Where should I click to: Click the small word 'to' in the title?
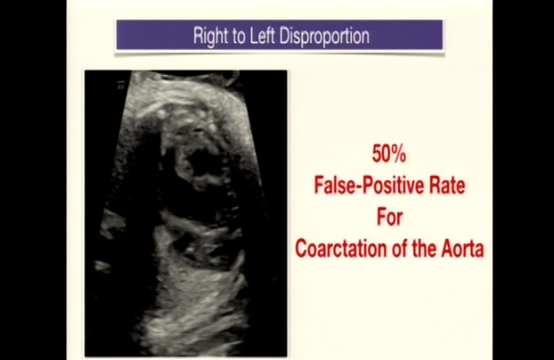pos(240,36)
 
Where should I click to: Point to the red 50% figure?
pos(389,155)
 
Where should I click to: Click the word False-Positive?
pos(370,186)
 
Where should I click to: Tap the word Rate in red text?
pos(447,186)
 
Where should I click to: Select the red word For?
pos(389,217)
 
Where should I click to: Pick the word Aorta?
pos(463,248)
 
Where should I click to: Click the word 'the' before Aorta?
pos(424,248)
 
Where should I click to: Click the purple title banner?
pos(279,35)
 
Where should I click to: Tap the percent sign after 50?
pos(398,155)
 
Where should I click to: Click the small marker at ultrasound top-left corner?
pos(121,85)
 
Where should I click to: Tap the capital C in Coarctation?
pos(301,248)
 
